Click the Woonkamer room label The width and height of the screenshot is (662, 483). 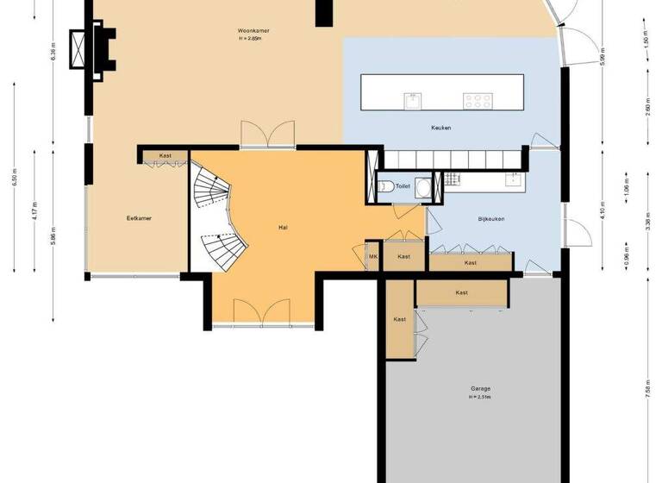point(254,32)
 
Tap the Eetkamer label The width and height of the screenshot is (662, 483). point(139,218)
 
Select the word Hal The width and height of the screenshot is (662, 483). point(283,228)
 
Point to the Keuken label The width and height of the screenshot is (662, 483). point(441,128)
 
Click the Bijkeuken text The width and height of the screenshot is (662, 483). point(491,218)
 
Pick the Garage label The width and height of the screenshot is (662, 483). point(480,389)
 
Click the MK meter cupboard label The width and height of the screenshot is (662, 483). point(373,256)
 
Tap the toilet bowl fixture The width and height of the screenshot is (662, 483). point(387,187)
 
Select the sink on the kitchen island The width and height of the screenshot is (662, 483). point(413,100)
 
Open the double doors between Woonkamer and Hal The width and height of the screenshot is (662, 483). point(266,136)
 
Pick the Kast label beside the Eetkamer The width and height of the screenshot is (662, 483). point(165,156)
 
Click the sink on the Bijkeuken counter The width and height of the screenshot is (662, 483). point(515,179)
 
